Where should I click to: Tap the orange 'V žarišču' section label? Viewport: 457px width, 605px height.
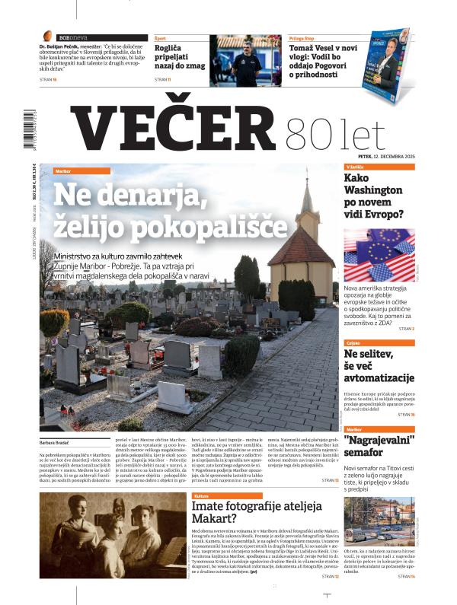point(358,167)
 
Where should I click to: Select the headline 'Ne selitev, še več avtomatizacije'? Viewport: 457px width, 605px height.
point(379,366)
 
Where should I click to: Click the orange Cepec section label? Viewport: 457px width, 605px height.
point(356,343)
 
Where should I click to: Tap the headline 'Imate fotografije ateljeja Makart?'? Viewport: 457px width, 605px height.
point(256,512)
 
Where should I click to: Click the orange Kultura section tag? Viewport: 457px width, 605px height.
point(206,495)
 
